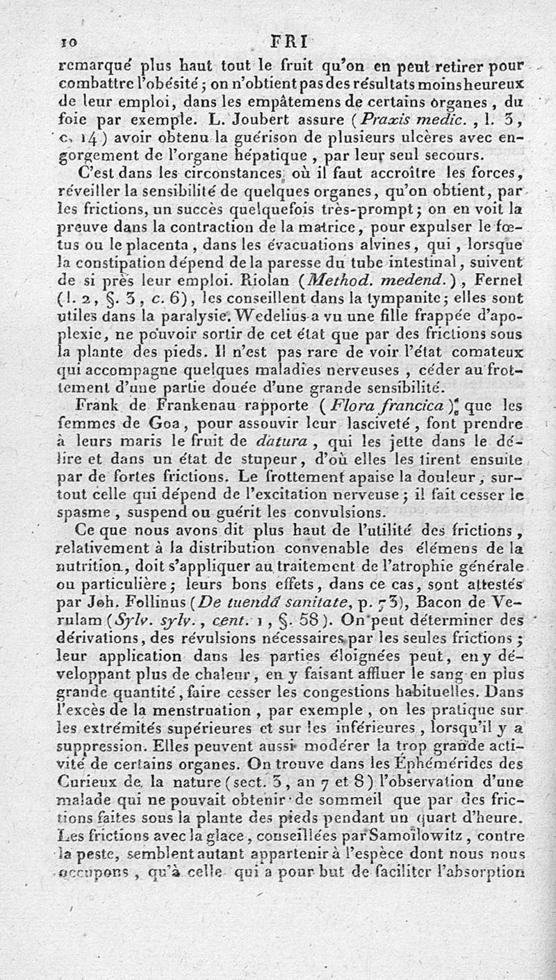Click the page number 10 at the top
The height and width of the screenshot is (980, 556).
68,41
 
